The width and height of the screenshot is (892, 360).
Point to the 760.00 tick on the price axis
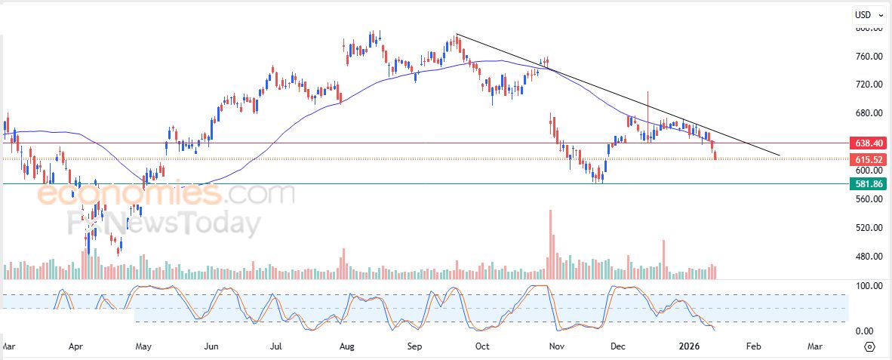tap(869, 57)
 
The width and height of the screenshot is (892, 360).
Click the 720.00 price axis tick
tap(869, 85)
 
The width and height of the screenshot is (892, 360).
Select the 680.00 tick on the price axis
tap(869, 113)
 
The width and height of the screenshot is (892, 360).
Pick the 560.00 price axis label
tap(869, 199)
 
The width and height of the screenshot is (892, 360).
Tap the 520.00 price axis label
tap(869, 228)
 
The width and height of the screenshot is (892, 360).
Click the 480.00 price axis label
tap(869, 257)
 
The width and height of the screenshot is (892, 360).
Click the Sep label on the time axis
tap(414, 346)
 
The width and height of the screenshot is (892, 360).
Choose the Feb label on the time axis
tap(752, 346)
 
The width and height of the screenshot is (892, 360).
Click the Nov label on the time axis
tap(556, 346)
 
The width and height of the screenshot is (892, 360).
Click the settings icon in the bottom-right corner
tap(869, 346)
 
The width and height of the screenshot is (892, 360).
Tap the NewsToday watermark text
tap(174, 224)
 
